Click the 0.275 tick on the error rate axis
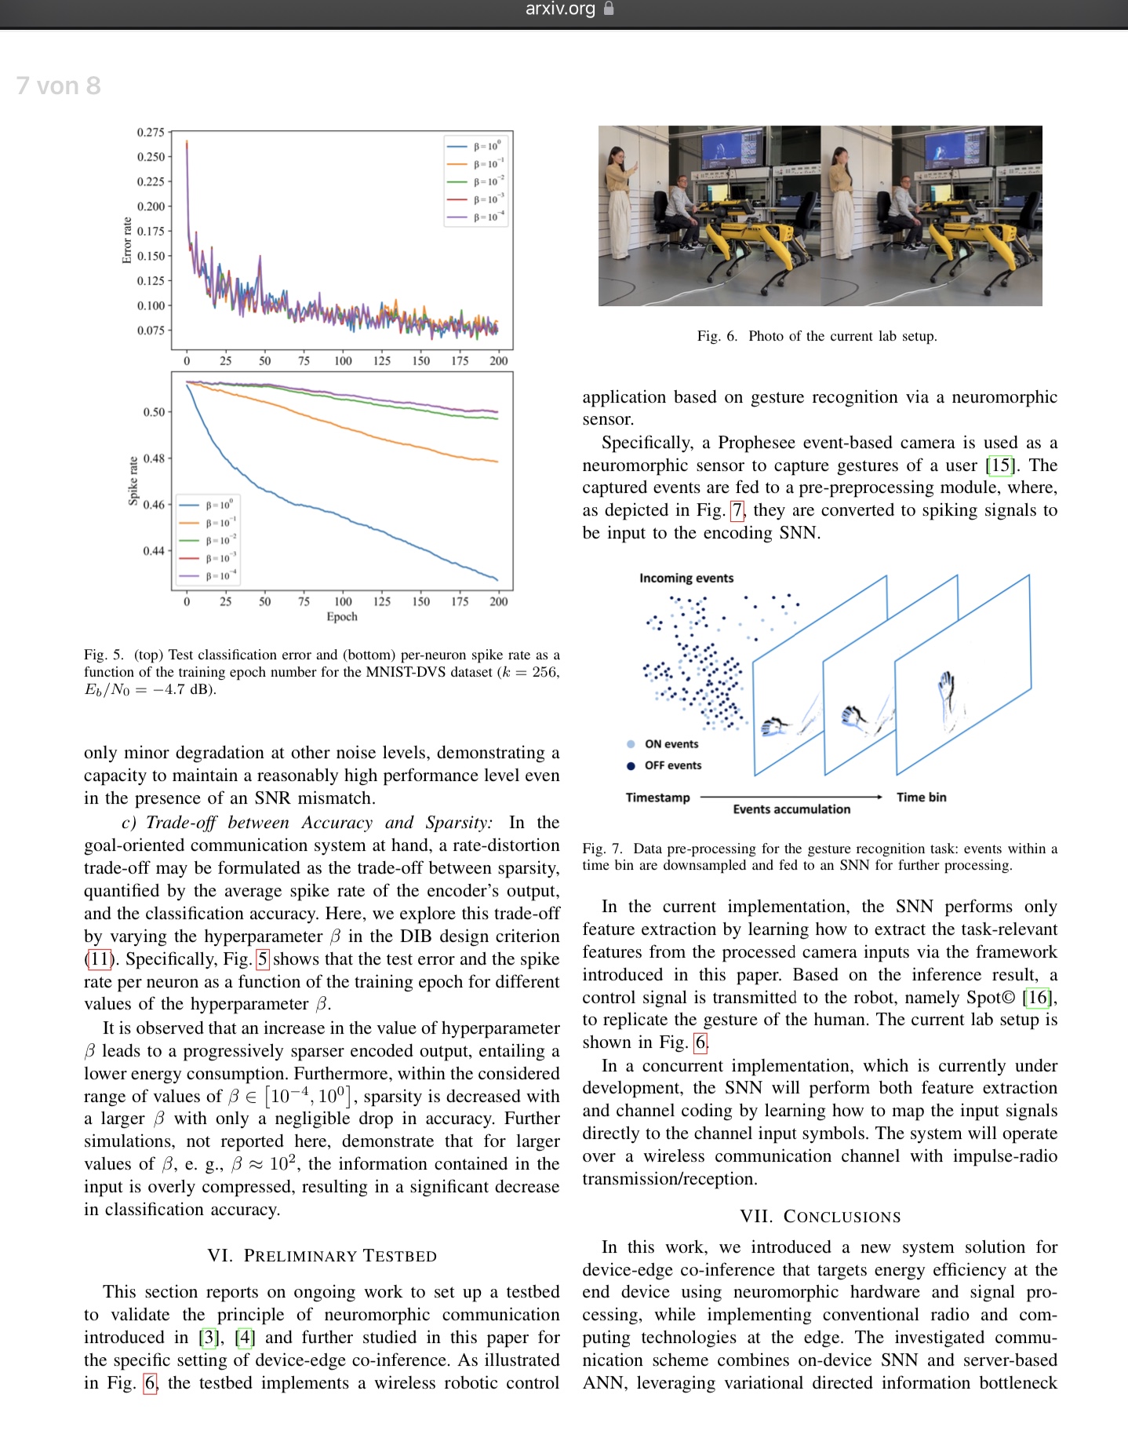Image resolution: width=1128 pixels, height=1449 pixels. [151, 132]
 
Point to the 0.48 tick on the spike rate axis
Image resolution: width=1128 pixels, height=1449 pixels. [154, 458]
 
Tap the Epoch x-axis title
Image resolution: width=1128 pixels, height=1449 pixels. [342, 617]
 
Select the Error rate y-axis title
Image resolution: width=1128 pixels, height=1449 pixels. [127, 240]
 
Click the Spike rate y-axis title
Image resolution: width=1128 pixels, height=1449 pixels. [133, 480]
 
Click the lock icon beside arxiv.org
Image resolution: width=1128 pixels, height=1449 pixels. [609, 9]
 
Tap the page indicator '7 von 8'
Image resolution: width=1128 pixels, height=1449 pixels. [59, 86]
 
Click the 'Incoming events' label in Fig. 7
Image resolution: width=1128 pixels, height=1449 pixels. [686, 579]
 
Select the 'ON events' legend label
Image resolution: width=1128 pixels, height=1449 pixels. [671, 744]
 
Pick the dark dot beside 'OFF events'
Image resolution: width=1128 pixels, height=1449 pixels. [631, 766]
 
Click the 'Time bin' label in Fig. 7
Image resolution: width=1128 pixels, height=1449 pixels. [922, 797]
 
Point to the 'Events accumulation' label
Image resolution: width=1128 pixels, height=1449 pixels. [791, 809]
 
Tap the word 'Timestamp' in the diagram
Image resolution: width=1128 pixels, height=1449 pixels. [658, 797]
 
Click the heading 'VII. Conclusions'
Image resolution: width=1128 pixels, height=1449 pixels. [821, 1217]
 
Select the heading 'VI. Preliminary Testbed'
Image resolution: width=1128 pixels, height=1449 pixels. [322, 1256]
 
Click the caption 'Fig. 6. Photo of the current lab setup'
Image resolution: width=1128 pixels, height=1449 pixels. [817, 336]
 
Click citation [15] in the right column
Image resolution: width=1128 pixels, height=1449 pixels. [1001, 465]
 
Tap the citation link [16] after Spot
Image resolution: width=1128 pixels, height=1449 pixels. [1038, 998]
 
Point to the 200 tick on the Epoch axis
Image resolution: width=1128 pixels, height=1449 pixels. [499, 602]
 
